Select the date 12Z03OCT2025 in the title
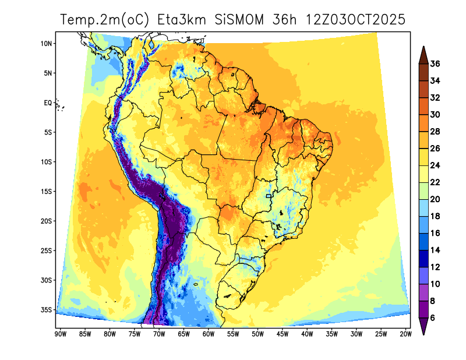tap(355, 20)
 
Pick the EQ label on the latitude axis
tap(48, 103)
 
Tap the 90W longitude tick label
tap(59, 334)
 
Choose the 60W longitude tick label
tap(208, 334)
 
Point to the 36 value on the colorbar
tap(435, 63)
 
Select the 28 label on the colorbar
tap(435, 132)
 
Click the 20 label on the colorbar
tap(435, 199)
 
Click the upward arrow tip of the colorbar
tap(424, 48)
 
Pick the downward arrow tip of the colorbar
tap(424, 334)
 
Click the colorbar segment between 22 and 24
tap(424, 174)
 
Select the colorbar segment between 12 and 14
tap(424, 259)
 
